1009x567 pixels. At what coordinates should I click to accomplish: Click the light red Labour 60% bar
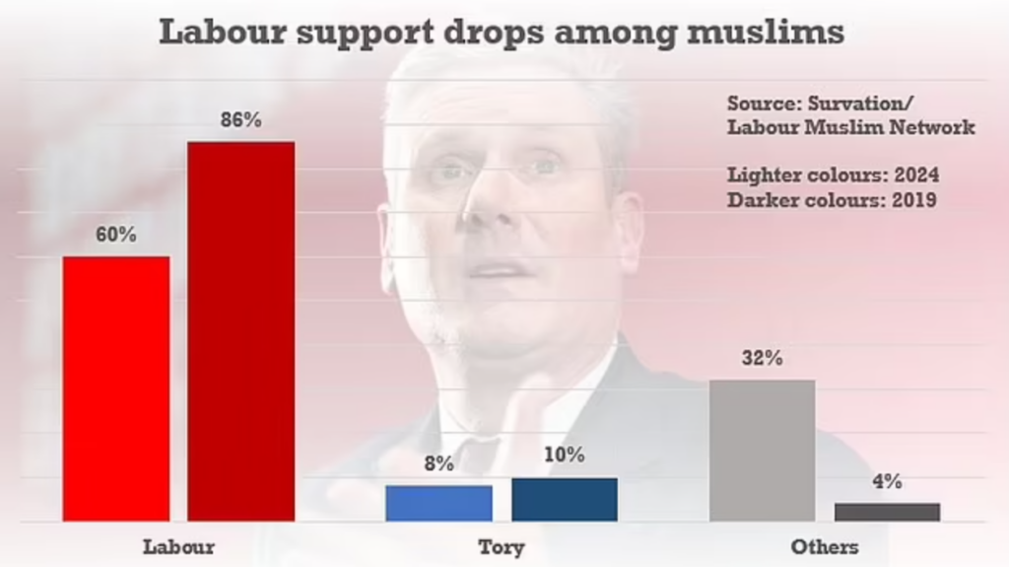(116, 389)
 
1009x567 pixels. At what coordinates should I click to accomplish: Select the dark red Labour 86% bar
(241, 331)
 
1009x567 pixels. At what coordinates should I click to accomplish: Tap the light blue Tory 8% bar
(438, 503)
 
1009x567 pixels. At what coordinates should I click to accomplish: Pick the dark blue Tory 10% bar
(565, 499)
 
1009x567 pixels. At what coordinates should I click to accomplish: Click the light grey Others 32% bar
(763, 450)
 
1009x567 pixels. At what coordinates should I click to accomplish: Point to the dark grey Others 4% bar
(887, 512)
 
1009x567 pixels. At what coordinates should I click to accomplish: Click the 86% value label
(241, 120)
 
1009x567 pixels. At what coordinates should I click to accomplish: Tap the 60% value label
(116, 236)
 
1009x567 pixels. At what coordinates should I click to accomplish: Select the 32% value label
(763, 359)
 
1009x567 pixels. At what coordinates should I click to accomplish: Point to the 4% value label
(887, 482)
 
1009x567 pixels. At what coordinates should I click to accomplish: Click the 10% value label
(565, 456)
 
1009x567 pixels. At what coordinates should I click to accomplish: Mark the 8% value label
(438, 463)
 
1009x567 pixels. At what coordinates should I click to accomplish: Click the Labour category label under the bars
(178, 545)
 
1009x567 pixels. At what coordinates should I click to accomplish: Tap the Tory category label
(502, 545)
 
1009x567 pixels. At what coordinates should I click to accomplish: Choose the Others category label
(825, 545)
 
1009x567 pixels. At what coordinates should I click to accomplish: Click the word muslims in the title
(761, 32)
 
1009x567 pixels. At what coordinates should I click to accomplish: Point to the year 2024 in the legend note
(916, 176)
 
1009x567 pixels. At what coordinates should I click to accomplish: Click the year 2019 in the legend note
(914, 199)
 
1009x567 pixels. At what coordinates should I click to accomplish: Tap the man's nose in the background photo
(493, 202)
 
